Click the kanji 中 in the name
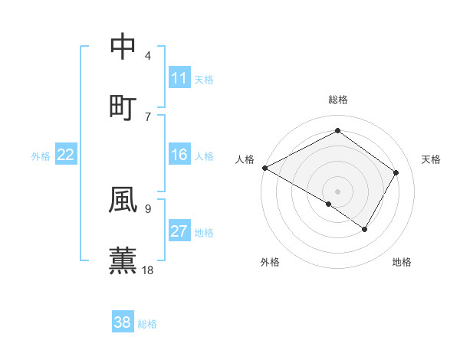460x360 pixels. tap(123, 47)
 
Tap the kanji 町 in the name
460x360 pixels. tap(123, 106)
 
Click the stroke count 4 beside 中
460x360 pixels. tap(147, 56)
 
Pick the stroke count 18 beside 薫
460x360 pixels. tap(148, 270)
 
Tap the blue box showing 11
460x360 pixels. tap(179, 78)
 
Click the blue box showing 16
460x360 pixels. tap(179, 155)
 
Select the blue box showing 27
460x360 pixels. tap(179, 232)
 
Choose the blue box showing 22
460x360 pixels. tap(66, 155)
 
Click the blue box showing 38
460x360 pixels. tap(123, 323)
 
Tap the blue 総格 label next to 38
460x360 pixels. tap(147, 324)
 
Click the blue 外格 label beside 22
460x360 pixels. tap(41, 156)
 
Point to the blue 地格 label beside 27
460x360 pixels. tap(204, 233)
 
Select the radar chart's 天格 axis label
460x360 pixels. tap(432, 159)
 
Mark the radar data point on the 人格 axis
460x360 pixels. tap(264, 168)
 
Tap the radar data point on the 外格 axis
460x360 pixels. tap(329, 205)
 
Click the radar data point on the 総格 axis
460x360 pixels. tap(337, 131)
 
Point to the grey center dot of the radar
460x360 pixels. tap(337, 191)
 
